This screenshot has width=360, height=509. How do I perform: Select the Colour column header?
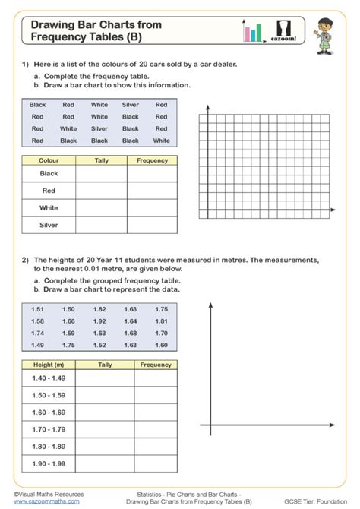(x=49, y=160)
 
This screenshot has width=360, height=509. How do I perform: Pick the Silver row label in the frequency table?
(x=49, y=225)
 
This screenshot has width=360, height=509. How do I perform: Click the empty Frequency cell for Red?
(x=152, y=191)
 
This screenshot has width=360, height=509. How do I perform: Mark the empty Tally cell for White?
(x=102, y=207)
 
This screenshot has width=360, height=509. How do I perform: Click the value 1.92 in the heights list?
(x=99, y=321)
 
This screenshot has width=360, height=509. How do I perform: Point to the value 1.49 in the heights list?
(x=37, y=345)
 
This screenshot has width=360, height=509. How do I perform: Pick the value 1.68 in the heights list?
(x=131, y=334)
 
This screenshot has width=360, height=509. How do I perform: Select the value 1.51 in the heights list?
(x=37, y=310)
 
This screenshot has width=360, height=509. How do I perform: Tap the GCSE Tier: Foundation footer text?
(x=326, y=501)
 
